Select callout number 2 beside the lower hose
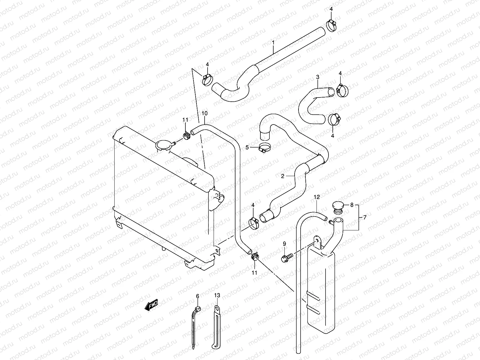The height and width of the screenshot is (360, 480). tap(283, 176)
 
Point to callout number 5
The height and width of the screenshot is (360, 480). tap(247, 147)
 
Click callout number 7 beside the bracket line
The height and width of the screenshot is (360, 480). tap(365, 217)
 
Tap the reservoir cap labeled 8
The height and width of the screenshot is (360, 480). tap(337, 207)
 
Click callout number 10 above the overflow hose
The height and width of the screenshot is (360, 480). tap(204, 113)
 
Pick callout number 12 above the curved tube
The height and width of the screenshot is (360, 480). tap(317, 197)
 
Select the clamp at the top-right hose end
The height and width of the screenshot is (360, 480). tap(331, 25)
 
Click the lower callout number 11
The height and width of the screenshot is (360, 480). tap(254, 272)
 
